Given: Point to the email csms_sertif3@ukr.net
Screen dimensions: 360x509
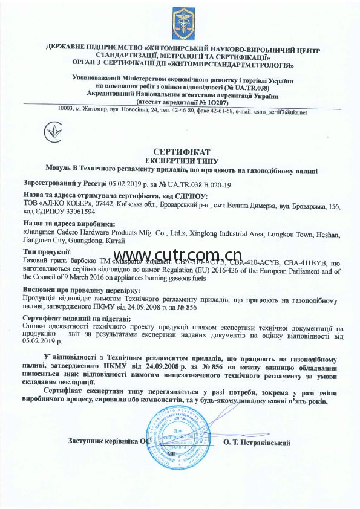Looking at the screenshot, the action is pos(279,112).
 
